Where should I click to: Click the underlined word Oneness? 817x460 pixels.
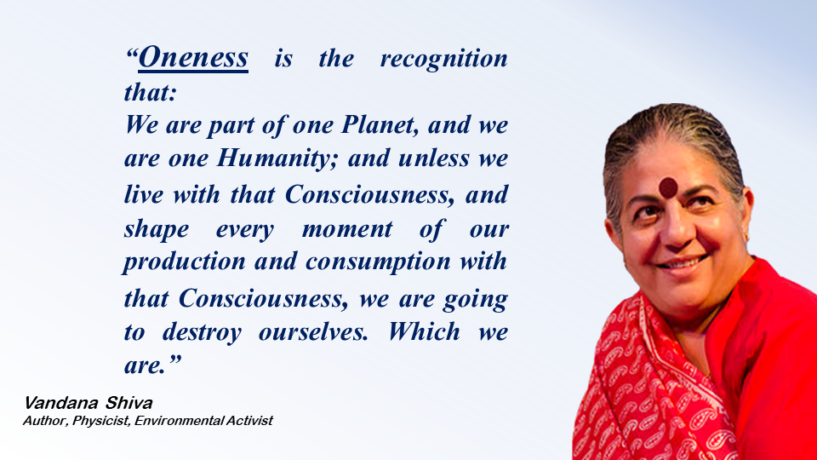tap(193, 57)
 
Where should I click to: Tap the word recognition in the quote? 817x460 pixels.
tap(444, 60)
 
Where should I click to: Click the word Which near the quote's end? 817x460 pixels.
tap(424, 331)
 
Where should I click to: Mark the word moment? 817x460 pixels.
tap(347, 229)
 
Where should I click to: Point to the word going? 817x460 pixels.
tap(475, 300)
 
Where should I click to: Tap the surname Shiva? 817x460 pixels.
tap(129, 403)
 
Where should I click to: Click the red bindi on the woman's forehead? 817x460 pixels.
tap(668, 187)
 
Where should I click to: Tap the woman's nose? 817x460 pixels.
tap(674, 229)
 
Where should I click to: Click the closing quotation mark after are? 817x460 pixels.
tap(174, 359)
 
